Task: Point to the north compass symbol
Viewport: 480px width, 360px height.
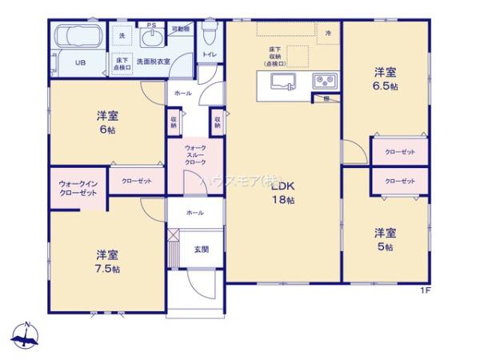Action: [x=26, y=335]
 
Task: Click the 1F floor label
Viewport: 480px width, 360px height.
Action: [x=425, y=290]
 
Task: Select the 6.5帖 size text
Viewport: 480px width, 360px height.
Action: [x=386, y=86]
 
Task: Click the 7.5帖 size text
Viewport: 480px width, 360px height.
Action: [x=109, y=269]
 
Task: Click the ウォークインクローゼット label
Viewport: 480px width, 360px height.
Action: [x=78, y=189]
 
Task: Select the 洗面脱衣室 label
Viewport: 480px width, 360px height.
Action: [x=153, y=61]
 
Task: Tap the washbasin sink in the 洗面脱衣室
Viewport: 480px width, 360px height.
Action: [x=150, y=39]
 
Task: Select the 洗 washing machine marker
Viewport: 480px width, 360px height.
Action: [x=122, y=37]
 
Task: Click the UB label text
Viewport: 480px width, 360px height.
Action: [x=80, y=62]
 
